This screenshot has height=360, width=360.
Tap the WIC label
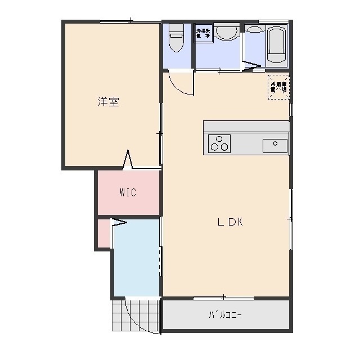coord(128,192)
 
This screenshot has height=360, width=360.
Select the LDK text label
coord(230,222)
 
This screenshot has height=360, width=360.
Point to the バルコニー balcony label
coord(225,315)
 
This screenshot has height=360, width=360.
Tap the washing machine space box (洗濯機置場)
coord(203,33)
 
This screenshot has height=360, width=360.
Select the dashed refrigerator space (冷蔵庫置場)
coord(278,87)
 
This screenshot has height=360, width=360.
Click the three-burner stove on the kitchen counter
coord(219,143)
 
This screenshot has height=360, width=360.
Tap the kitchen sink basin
coord(275,145)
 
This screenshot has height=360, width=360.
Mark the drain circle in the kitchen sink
coord(275,143)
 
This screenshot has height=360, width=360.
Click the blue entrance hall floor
coord(137,259)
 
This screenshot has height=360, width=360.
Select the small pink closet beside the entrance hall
coord(103,234)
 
